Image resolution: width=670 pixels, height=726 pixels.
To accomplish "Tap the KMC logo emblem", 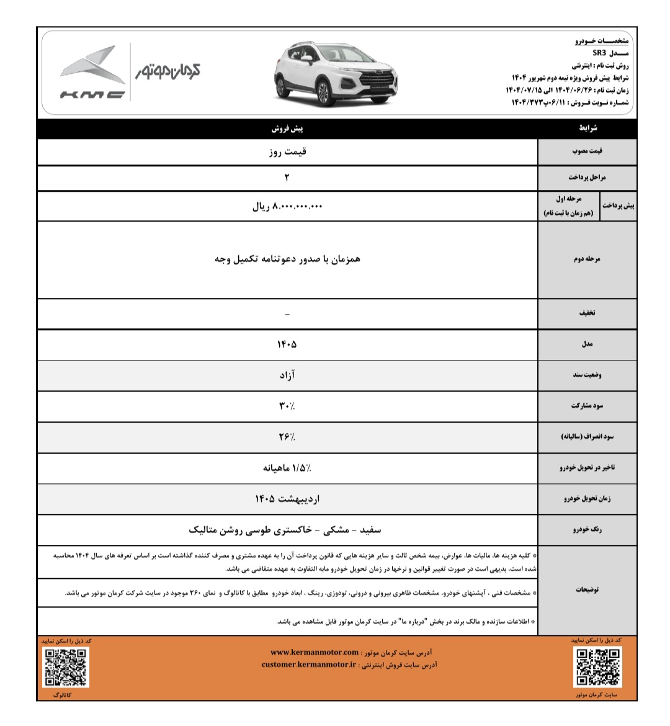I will point(93,73).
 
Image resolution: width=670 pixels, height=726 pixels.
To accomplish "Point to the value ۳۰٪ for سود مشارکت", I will point(287,406).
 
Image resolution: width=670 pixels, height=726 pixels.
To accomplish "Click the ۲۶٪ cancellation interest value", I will point(287,437).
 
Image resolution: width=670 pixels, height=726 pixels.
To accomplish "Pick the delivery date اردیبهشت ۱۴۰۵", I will point(287,498).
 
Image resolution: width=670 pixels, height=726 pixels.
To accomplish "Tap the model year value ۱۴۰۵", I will point(287,344).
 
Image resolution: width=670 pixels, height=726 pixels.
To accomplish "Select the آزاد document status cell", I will point(287,375).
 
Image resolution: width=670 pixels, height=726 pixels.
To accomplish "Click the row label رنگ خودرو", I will point(587,530).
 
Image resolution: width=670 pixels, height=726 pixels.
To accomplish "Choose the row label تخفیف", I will point(587,313).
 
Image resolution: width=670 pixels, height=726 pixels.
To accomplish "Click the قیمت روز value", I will point(287,151).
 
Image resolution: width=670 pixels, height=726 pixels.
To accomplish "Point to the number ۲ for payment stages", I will point(287,178).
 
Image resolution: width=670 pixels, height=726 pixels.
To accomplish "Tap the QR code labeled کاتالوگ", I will point(65,667).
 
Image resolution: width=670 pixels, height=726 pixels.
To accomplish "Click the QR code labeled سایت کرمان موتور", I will point(598,667).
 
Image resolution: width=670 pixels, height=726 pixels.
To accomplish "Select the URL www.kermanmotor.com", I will point(315,652).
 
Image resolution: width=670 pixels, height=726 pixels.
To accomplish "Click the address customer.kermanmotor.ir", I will point(309,665).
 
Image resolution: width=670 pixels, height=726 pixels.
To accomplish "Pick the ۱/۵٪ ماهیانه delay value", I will point(287,468).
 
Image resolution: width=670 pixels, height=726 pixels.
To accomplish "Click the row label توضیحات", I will point(587,589).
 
